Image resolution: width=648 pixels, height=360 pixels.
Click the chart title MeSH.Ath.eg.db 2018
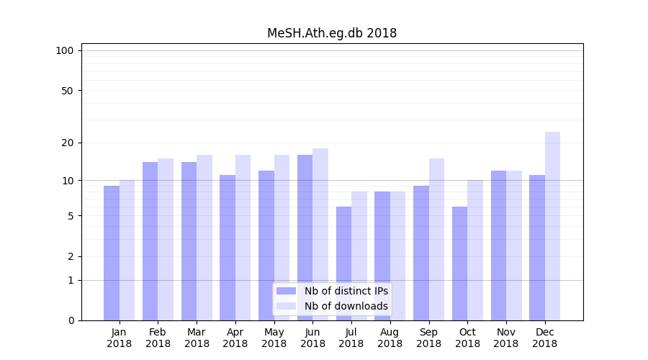332,33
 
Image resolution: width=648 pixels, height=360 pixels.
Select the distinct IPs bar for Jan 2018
112,253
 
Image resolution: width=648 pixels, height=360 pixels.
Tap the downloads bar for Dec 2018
552,226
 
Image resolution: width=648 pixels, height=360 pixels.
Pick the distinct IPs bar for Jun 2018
305,238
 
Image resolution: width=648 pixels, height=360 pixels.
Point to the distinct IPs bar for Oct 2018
459,264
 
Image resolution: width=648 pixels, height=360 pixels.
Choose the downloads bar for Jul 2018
359,256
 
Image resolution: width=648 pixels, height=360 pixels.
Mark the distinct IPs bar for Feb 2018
150,241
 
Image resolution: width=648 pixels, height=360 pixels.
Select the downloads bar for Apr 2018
243,238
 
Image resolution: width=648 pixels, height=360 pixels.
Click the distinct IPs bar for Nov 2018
498,246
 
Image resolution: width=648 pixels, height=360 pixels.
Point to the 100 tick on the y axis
65,50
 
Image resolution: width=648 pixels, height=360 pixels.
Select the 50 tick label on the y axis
68,91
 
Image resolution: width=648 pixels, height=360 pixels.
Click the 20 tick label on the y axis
68,143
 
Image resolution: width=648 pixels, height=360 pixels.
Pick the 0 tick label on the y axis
71,320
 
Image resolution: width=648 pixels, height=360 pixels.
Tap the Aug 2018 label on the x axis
390,338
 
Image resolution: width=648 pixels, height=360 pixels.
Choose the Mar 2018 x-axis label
197,338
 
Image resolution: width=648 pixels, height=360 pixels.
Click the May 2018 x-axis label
274,338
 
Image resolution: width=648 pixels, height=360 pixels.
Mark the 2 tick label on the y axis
71,256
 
